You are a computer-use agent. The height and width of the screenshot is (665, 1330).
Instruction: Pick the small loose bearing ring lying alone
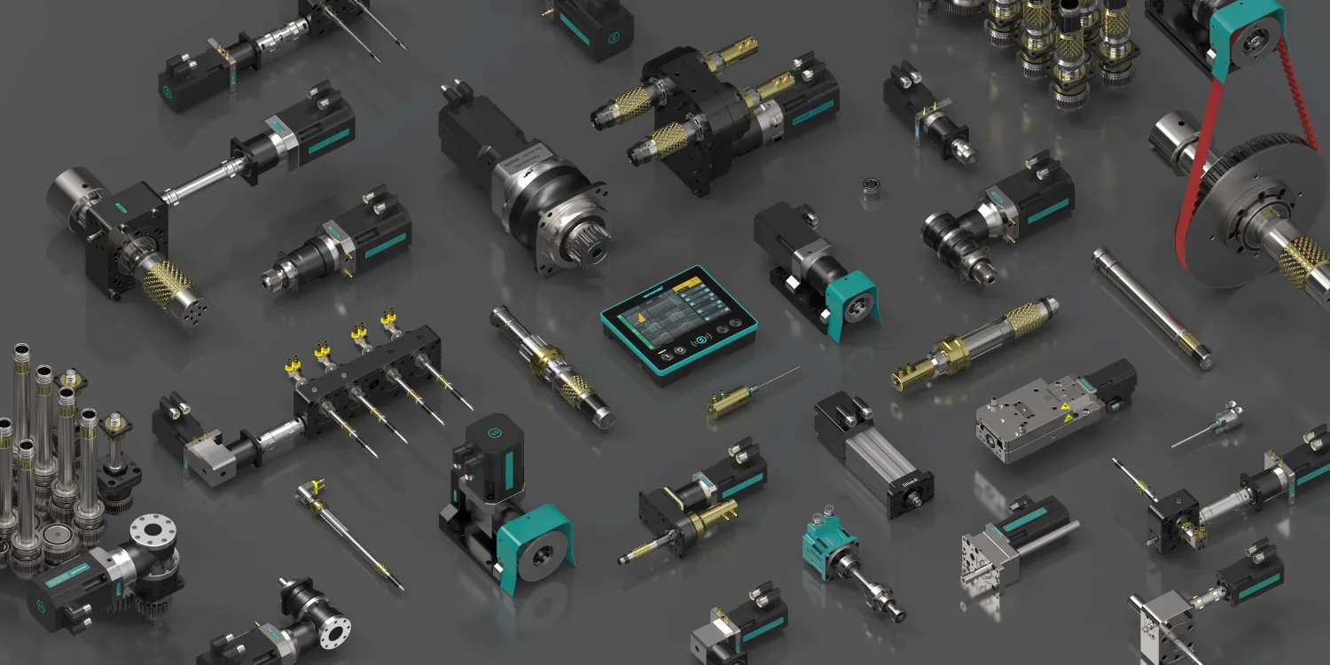coord(872,187)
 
